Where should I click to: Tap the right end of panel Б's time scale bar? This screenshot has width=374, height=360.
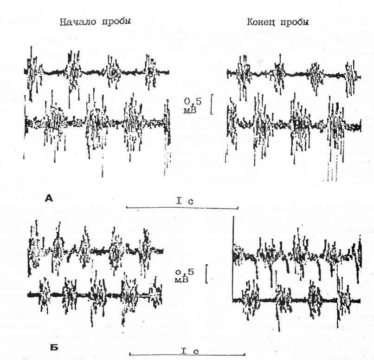pyautogui.click(x=245, y=355)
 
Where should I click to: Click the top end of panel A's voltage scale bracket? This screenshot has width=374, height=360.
pyautogui.click(x=212, y=95)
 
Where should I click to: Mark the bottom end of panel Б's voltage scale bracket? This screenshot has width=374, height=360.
pyautogui.click(x=207, y=283)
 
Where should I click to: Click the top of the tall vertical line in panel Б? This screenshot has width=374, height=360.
pyautogui.click(x=233, y=217)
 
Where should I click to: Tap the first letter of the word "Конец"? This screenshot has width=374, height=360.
pyautogui.click(x=250, y=22)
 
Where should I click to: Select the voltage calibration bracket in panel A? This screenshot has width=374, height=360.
pyautogui.click(x=212, y=105)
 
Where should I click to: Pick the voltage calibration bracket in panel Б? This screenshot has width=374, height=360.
pyautogui.click(x=207, y=274)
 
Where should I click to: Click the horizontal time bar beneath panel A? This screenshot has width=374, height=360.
pyautogui.click(x=182, y=208)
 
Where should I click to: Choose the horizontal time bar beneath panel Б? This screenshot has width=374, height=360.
pyautogui.click(x=187, y=355)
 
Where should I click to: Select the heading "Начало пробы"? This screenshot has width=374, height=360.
pyautogui.click(x=95, y=22)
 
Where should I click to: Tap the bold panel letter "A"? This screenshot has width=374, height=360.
pyautogui.click(x=49, y=198)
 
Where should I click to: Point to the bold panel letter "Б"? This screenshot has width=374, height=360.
pyautogui.click(x=54, y=347)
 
